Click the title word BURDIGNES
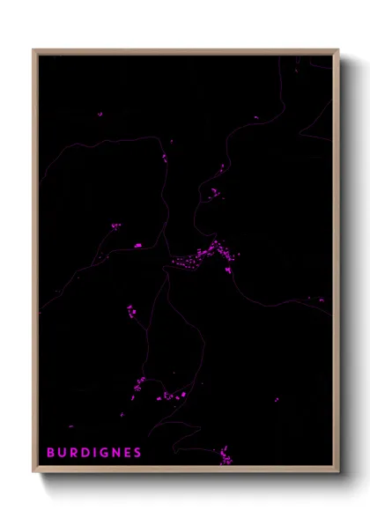pos(94,453)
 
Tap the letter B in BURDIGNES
pos(50,453)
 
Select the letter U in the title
pos(62,453)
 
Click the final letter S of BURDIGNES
pos(137,453)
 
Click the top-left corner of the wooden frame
pos(33,50)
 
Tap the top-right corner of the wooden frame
pos(338,50)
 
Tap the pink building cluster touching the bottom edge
pos(226,457)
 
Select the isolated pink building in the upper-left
pos(100,114)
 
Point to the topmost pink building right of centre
pos(222,165)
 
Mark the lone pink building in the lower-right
pos(277,399)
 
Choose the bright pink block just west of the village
pos(137,245)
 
